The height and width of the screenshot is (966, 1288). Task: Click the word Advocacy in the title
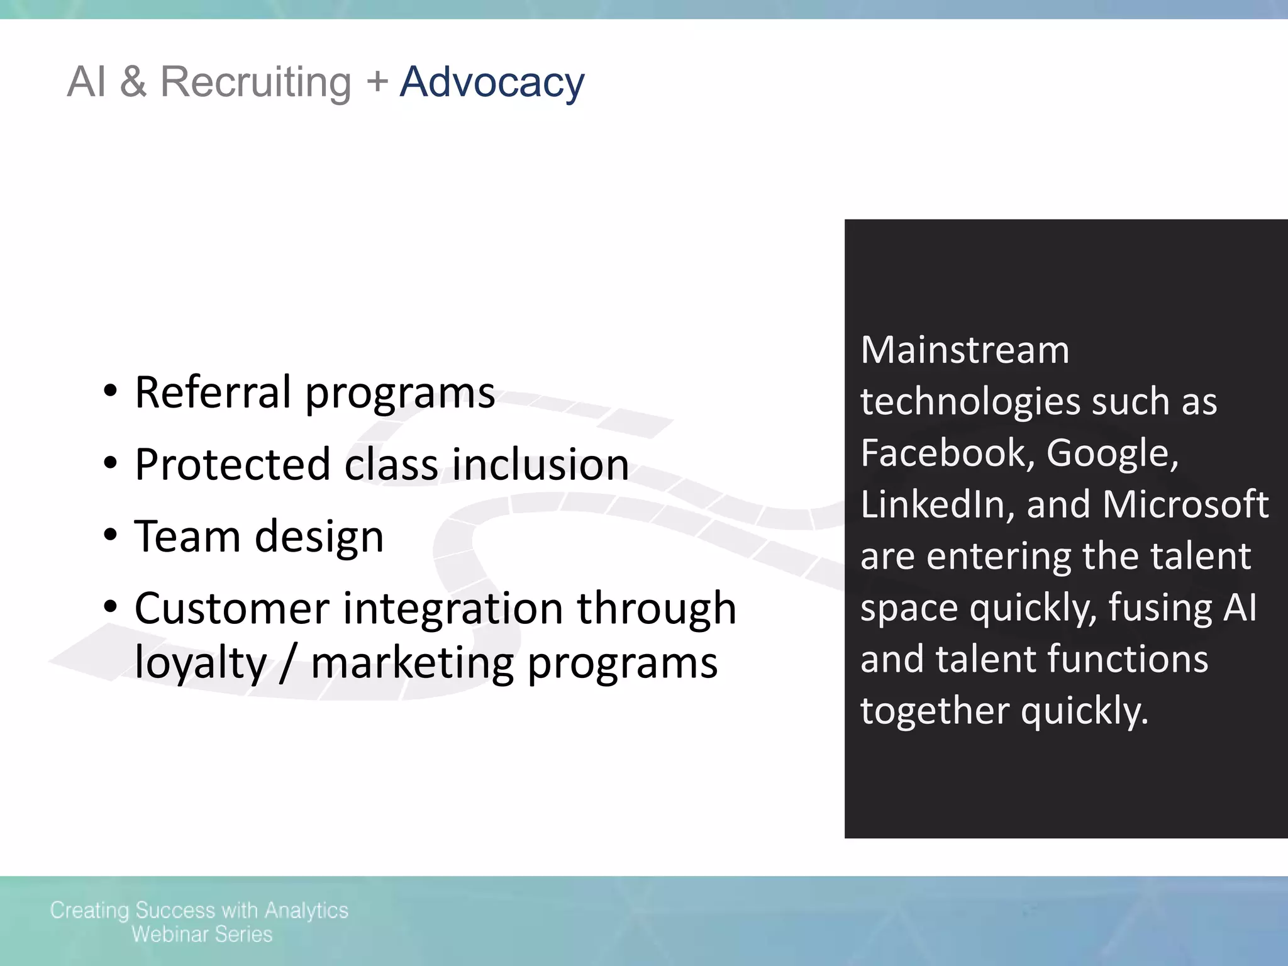click(492, 82)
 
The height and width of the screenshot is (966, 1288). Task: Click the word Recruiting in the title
click(255, 82)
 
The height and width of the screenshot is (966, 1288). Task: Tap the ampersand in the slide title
click(133, 82)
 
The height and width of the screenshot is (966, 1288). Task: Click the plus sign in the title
click(377, 81)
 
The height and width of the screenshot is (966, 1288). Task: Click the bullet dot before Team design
click(111, 536)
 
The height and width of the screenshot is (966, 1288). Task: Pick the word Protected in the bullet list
click(233, 465)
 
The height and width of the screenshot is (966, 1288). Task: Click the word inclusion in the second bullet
click(540, 465)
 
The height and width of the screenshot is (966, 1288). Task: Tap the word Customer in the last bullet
click(232, 608)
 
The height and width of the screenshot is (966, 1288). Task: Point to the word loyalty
click(201, 663)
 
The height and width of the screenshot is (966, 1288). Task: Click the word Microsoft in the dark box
click(1185, 504)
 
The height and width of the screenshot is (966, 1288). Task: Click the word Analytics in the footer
click(306, 911)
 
